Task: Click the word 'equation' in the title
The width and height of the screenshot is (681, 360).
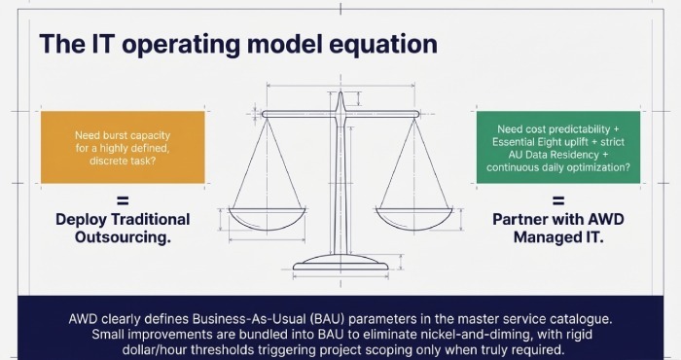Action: click(x=374, y=45)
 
